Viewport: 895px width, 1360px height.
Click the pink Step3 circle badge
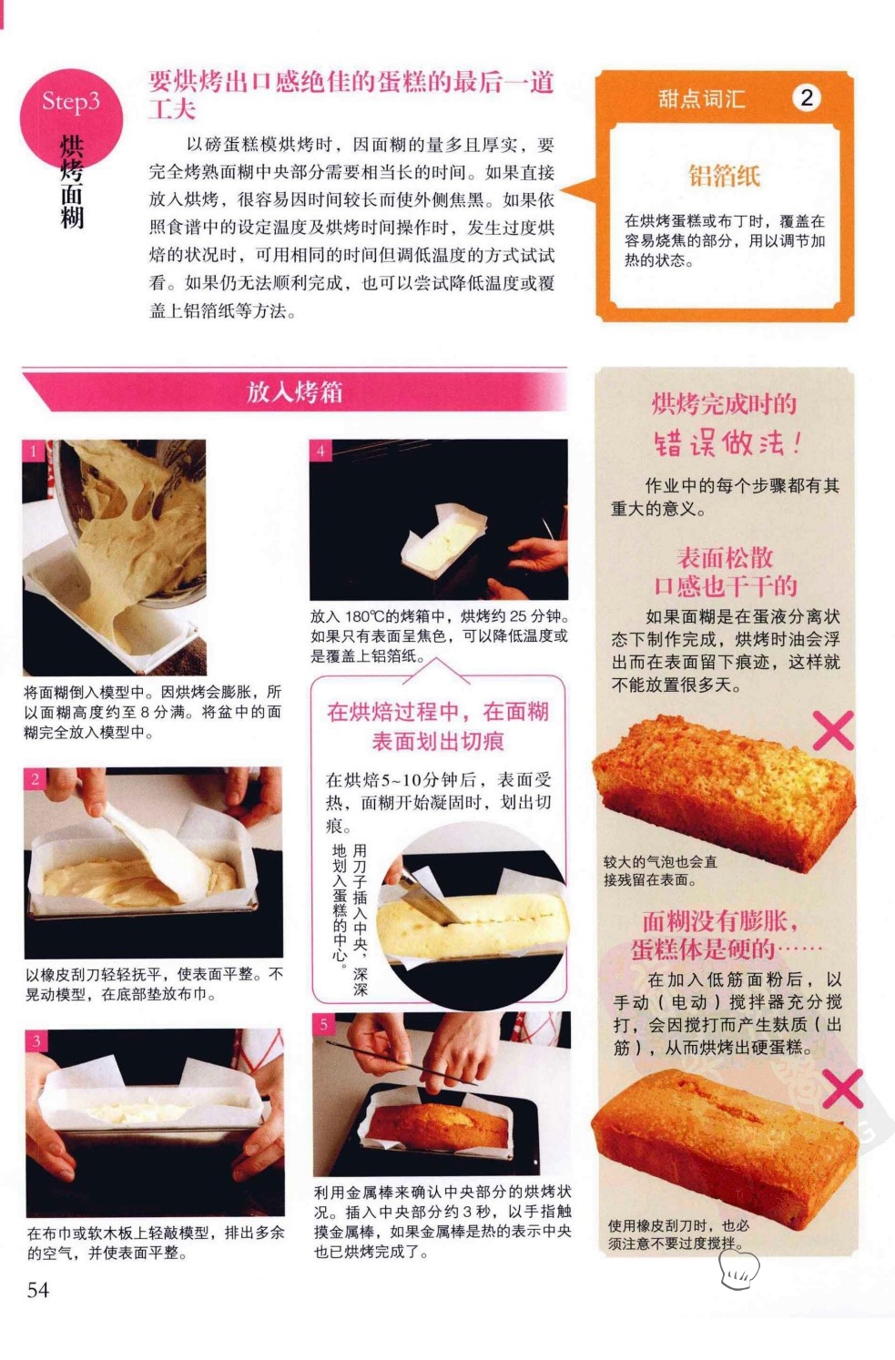pyautogui.click(x=71, y=118)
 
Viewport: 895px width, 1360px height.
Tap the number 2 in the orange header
pyautogui.click(x=807, y=97)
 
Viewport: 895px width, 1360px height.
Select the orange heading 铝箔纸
pyautogui.click(x=725, y=176)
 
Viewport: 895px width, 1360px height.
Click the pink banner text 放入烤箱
pyautogui.click(x=294, y=392)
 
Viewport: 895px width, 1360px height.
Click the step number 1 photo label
pyautogui.click(x=34, y=451)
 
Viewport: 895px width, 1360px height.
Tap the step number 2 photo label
pyautogui.click(x=36, y=779)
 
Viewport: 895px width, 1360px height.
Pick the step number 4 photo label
pyautogui.click(x=320, y=451)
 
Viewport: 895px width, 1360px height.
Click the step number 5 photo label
pyautogui.click(x=323, y=1024)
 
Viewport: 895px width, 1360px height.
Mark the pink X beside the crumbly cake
pyautogui.click(x=833, y=730)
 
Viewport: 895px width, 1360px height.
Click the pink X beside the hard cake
pyautogui.click(x=843, y=1090)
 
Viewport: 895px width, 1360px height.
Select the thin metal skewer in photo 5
pyautogui.click(x=402, y=1062)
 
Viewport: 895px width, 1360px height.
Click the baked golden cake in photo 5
pyautogui.click(x=438, y=1125)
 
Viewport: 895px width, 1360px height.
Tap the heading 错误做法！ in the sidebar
pyautogui.click(x=728, y=442)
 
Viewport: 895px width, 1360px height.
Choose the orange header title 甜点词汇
pyautogui.click(x=702, y=98)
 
